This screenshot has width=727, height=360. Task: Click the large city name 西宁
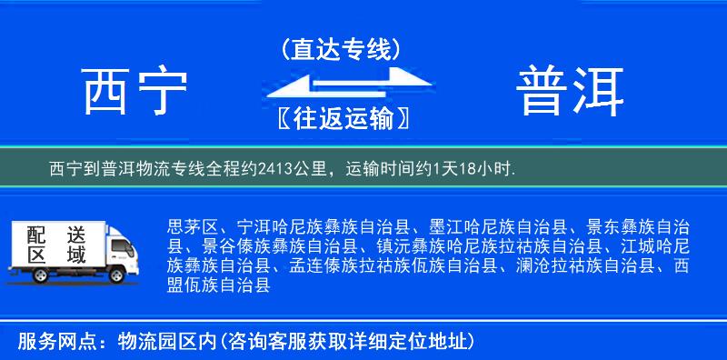pos(134,91)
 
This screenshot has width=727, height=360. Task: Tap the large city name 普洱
pos(571,91)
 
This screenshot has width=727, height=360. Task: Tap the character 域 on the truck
pos(75,255)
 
